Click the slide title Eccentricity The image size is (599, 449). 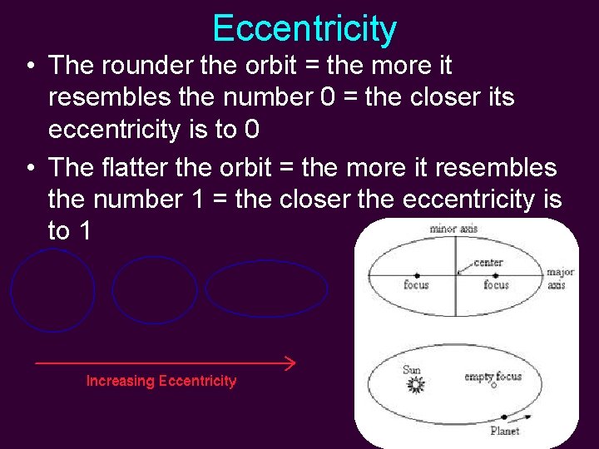click(304, 28)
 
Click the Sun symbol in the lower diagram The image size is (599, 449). click(414, 385)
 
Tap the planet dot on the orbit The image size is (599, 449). click(502, 417)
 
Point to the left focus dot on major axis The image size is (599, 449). click(416, 275)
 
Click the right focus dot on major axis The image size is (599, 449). click(496, 275)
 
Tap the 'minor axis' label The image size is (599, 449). click(453, 229)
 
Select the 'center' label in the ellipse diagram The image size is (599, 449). click(488, 263)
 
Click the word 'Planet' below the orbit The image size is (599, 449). click(504, 431)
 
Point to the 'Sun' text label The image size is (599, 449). click(411, 369)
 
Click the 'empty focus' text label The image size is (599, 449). click(493, 376)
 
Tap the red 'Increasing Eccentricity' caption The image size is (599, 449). click(161, 381)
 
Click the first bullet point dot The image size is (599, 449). click(29, 66)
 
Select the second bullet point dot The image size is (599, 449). click(29, 168)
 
